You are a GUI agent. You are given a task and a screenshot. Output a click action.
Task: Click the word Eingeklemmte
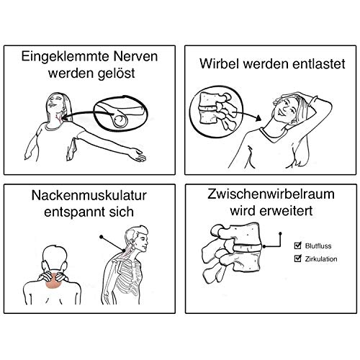pyautogui.click(x=66, y=57)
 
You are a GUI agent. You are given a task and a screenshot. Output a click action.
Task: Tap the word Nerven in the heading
pyautogui.click(x=136, y=56)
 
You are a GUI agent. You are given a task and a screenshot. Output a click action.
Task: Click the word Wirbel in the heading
pyautogui.click(x=220, y=63)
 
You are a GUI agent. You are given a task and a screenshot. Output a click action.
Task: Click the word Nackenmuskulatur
pyautogui.click(x=89, y=195)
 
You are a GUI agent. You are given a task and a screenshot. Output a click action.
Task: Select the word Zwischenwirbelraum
pyautogui.click(x=271, y=194)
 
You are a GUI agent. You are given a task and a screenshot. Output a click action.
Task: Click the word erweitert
pyautogui.click(x=287, y=211)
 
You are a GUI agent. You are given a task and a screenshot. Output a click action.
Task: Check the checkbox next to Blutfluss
pyautogui.click(x=297, y=246)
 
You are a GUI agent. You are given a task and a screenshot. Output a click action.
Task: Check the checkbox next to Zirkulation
pyautogui.click(x=297, y=258)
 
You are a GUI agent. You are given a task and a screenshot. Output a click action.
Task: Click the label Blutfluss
pyautogui.click(x=318, y=246)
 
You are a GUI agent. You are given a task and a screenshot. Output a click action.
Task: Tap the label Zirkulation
pyautogui.click(x=321, y=259)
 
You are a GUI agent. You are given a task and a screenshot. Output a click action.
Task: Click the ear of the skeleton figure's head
pyautogui.click(x=132, y=240)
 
